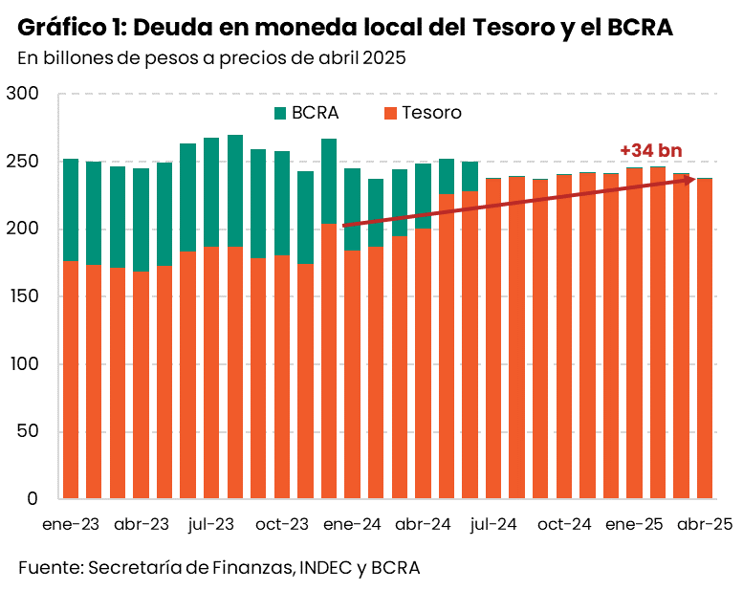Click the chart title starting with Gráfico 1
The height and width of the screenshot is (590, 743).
point(344,28)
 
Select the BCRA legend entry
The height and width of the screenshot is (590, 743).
point(307,113)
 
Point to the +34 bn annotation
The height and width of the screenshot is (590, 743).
point(650,150)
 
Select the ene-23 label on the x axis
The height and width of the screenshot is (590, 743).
point(70,524)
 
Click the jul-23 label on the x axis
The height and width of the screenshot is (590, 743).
point(211,524)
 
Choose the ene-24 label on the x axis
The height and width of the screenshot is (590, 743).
point(353,524)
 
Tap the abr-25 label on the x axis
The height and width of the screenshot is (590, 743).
point(705,524)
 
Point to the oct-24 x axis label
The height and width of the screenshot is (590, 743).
point(564,524)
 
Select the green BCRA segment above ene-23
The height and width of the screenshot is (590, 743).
point(70,209)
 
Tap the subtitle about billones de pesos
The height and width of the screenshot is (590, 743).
point(211,57)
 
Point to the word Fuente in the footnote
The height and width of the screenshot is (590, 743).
point(49,567)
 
